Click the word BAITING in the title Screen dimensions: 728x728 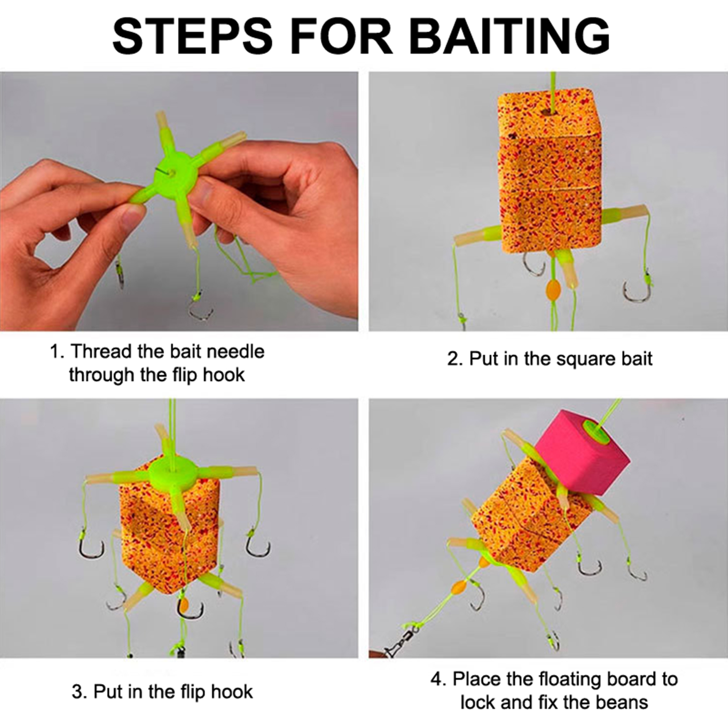(510, 35)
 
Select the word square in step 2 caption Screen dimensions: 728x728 (584, 359)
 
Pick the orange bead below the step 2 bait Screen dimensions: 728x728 (551, 288)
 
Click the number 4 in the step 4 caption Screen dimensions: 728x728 (437, 679)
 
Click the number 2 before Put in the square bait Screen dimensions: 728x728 (453, 359)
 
